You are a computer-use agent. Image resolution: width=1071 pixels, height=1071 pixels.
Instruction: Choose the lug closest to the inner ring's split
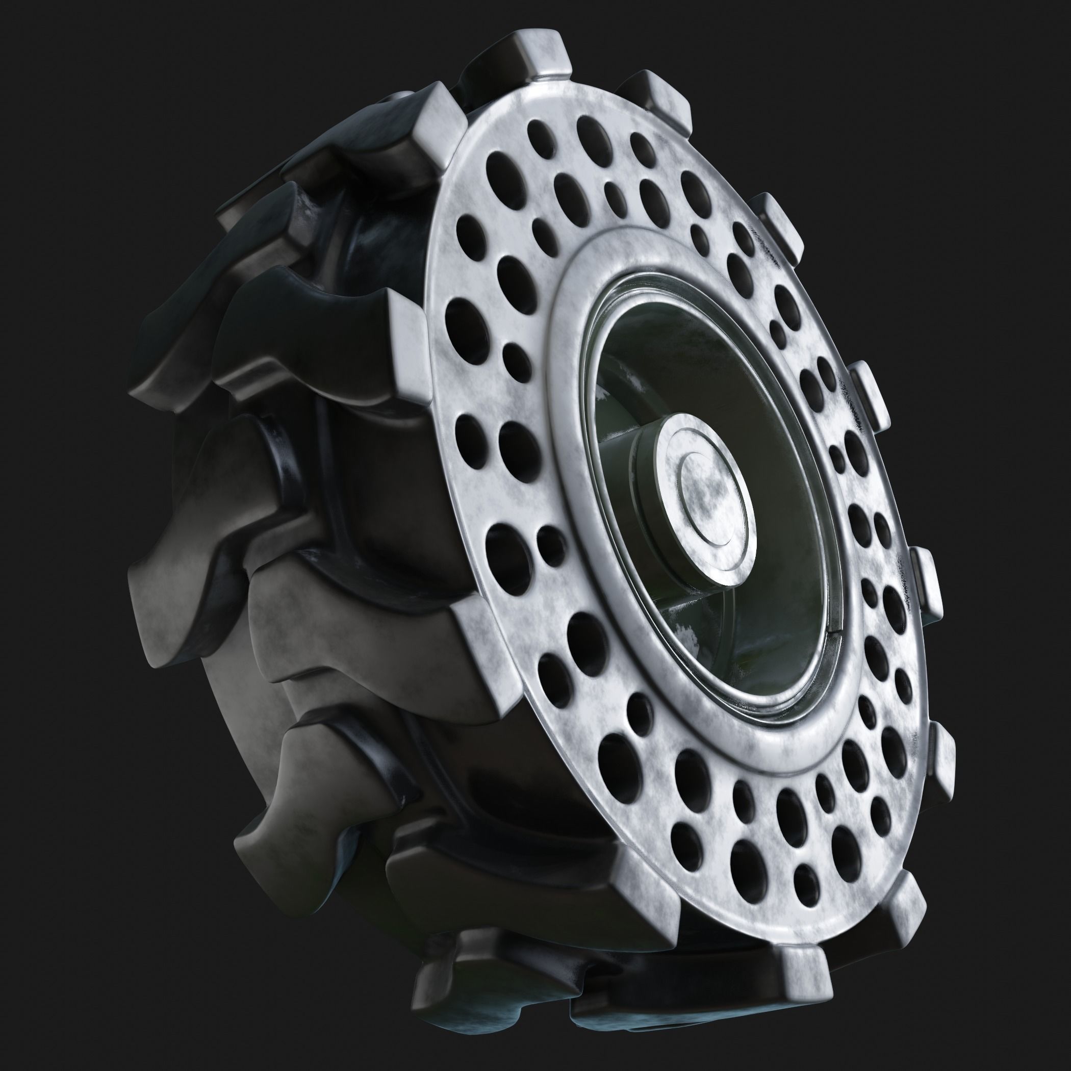pyautogui.click(x=926, y=588)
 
